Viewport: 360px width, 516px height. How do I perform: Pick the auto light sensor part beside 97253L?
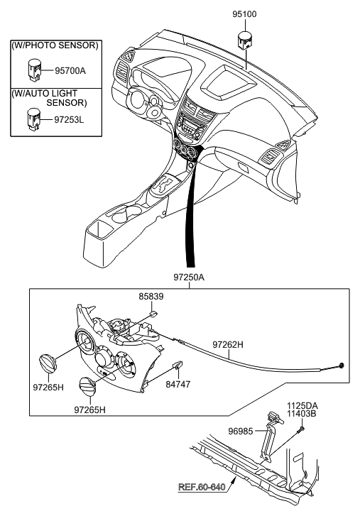(33, 119)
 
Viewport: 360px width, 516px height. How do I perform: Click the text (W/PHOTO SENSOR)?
(54, 45)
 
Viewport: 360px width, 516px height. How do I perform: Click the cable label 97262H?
(228, 344)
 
